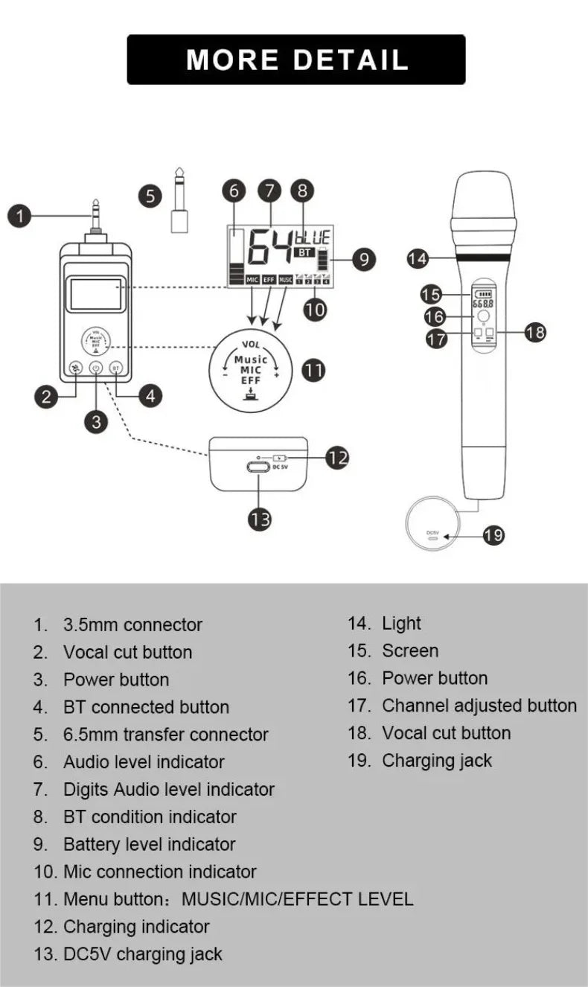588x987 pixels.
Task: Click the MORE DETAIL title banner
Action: (x=296, y=60)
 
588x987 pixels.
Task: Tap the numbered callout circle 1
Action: (x=20, y=217)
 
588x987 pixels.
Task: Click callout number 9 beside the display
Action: (x=363, y=259)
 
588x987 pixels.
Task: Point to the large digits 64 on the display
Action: (x=269, y=247)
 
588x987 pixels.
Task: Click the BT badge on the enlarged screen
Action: (x=304, y=252)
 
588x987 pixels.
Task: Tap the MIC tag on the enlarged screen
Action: (x=252, y=280)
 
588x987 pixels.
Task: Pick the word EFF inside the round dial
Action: (x=251, y=380)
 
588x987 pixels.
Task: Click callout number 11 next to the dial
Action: (x=313, y=370)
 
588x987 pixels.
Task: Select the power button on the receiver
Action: (x=96, y=368)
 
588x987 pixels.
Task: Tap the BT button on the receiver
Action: (x=116, y=368)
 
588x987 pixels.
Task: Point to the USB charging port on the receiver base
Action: (x=258, y=468)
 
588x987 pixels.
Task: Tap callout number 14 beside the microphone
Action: (x=418, y=258)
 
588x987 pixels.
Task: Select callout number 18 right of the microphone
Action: (x=535, y=332)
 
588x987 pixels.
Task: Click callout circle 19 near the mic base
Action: (x=493, y=534)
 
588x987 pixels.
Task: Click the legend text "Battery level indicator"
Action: (x=149, y=844)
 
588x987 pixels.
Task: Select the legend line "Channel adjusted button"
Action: (x=479, y=705)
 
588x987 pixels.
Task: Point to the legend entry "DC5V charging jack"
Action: (x=142, y=954)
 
